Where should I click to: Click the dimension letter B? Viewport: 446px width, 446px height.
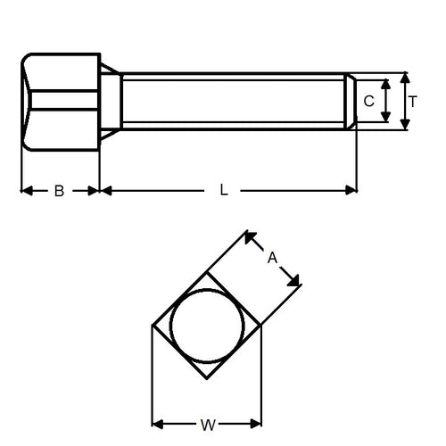click(59, 190)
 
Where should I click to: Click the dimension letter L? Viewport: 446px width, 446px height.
click(224, 190)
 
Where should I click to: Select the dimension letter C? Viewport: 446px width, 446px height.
click(368, 101)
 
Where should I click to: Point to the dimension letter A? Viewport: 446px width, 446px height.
click(273, 257)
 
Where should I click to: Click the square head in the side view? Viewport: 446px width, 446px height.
click(60, 100)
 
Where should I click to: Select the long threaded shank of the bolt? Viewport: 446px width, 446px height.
click(232, 101)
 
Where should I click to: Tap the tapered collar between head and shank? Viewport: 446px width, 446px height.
click(110, 101)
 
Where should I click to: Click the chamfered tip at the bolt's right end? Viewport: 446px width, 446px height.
click(351, 101)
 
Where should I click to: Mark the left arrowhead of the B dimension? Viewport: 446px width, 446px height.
click(25, 190)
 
